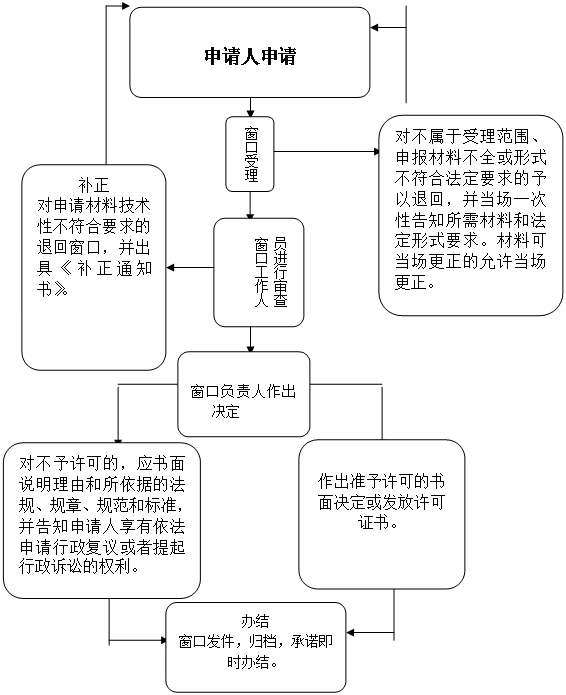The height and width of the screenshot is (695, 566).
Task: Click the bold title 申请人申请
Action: tap(250, 56)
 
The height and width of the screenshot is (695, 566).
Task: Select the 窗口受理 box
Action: tap(250, 154)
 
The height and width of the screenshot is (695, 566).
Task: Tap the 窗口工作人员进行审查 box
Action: tap(259, 272)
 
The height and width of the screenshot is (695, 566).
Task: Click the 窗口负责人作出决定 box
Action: tap(244, 394)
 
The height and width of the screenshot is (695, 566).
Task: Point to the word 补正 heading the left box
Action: tap(94, 185)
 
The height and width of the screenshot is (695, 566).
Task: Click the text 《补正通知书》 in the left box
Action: tap(94, 278)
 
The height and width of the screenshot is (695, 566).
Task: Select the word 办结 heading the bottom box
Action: tap(255, 621)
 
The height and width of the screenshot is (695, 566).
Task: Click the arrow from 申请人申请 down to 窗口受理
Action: tap(250, 107)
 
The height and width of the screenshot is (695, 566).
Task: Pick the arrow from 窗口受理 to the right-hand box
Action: tap(327, 152)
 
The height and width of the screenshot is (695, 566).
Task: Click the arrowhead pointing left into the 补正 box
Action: tap(170, 268)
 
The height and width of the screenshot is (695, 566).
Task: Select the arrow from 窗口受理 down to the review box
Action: tap(250, 205)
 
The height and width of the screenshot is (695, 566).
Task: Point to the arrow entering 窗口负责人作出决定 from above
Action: tap(250, 340)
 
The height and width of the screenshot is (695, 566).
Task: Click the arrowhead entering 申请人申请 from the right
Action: tap(375, 27)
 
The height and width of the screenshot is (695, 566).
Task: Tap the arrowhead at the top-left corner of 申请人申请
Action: tap(125, 6)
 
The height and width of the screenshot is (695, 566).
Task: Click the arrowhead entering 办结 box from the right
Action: tap(350, 633)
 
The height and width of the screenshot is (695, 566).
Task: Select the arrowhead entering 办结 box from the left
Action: tap(162, 640)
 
